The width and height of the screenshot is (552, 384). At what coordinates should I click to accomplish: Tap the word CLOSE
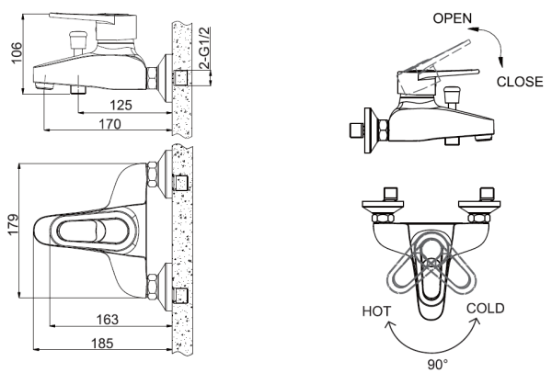coord(521,81)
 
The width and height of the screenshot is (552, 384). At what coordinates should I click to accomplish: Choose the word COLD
coord(484,309)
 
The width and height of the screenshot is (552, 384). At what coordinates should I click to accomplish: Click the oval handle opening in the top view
coord(81,231)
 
